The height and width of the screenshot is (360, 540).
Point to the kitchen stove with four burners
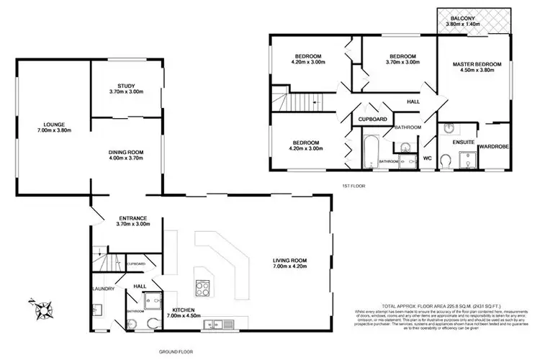click(203, 288)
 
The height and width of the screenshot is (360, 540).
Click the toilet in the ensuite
click(447, 166)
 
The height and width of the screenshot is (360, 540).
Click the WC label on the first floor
click(427, 157)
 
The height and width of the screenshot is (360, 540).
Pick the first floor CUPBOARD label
click(373, 119)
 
